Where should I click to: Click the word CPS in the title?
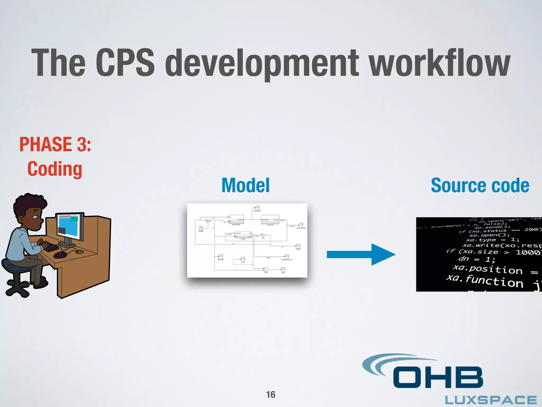(125, 63)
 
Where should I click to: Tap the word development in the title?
(262, 64)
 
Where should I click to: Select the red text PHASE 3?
(55, 144)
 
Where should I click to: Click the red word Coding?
(55, 169)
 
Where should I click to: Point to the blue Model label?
(246, 185)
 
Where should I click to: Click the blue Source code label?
(480, 185)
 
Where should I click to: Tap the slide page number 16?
(271, 395)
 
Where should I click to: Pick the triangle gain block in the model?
(263, 235)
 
